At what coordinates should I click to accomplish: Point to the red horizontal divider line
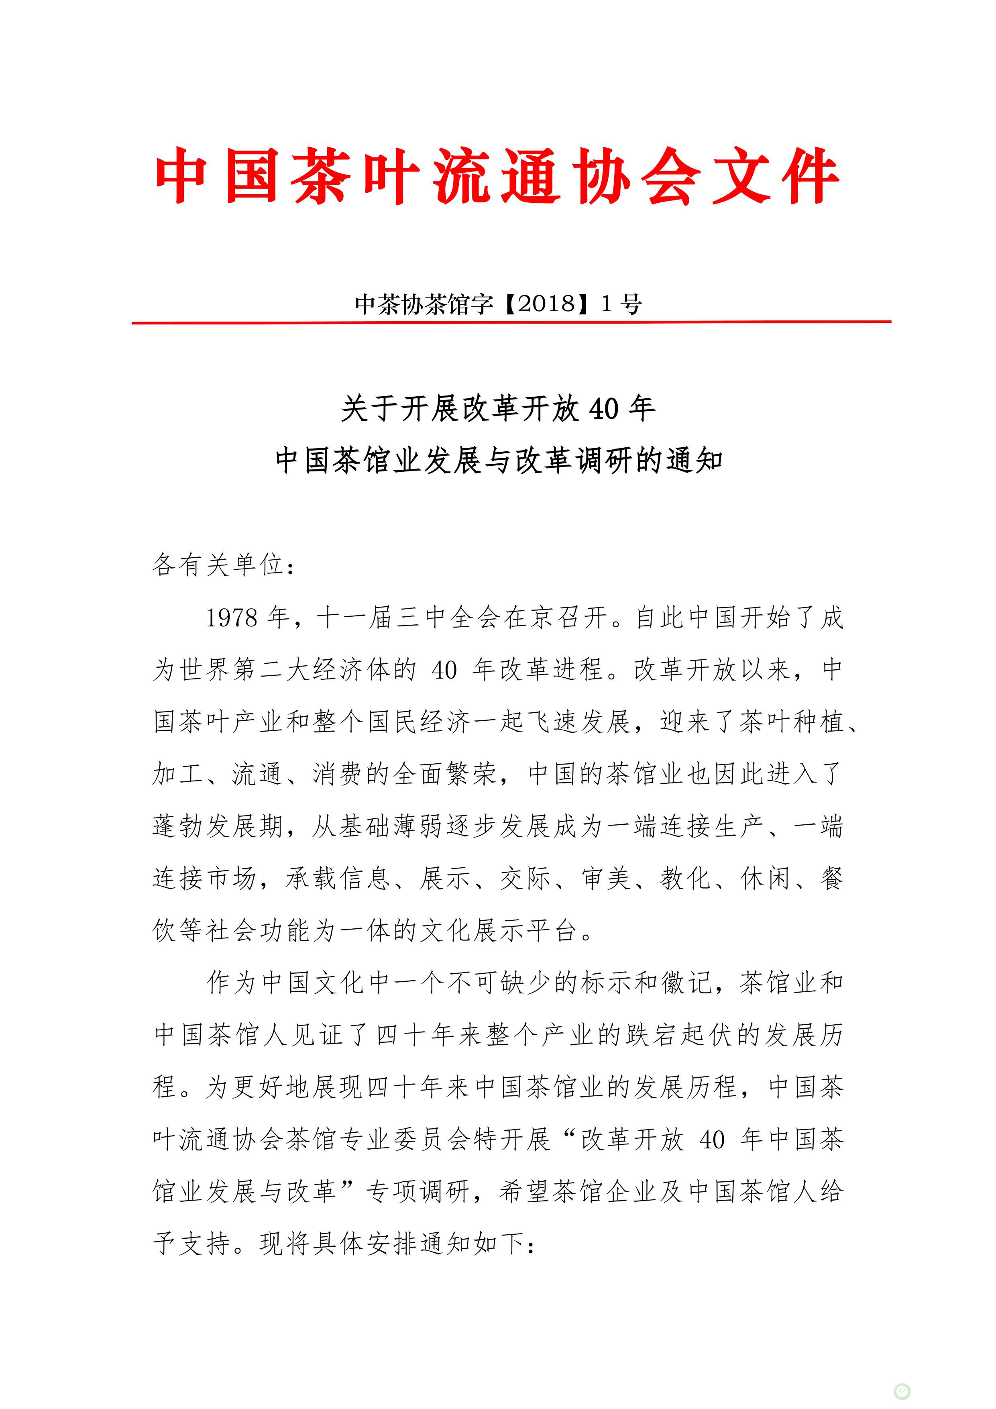(511, 322)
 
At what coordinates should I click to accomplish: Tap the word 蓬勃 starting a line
(179, 827)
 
